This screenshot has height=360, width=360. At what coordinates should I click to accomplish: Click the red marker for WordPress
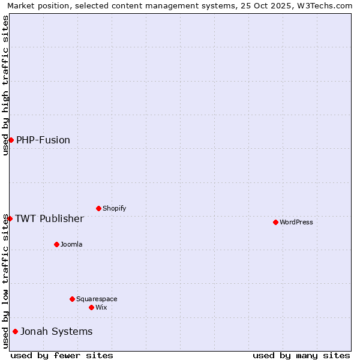[x=275, y=222]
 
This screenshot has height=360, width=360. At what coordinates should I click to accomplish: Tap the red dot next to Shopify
[x=98, y=208]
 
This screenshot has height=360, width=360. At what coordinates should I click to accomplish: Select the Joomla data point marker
[x=56, y=244]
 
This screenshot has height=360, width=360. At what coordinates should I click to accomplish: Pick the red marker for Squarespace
[x=72, y=299]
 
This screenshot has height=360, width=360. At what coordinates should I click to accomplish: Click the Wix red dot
[x=91, y=307]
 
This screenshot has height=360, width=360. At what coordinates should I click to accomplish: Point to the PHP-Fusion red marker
[x=11, y=140]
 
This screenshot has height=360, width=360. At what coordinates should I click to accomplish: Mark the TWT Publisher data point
[x=10, y=218]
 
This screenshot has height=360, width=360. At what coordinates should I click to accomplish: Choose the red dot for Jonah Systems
[x=15, y=331]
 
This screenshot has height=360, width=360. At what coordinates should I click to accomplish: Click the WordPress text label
[x=296, y=222]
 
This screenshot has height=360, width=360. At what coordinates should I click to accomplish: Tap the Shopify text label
[x=115, y=208]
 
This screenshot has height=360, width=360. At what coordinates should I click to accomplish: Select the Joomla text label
[x=71, y=244]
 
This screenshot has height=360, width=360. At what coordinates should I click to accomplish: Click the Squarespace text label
[x=97, y=299]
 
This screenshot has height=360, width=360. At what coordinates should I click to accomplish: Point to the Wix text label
[x=101, y=307]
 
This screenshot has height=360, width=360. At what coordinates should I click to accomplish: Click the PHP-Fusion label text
[x=43, y=140]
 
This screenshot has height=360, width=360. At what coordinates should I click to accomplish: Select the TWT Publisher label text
[x=49, y=218]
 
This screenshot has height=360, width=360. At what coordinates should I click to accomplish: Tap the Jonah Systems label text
[x=56, y=331]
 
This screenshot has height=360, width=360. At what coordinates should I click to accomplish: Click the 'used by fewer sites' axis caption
[x=62, y=355]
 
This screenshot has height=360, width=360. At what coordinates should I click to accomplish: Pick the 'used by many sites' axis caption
[x=301, y=355]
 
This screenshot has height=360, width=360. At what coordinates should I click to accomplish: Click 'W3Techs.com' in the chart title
[x=325, y=5]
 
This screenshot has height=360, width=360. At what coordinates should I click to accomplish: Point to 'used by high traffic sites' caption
[x=5, y=85]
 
